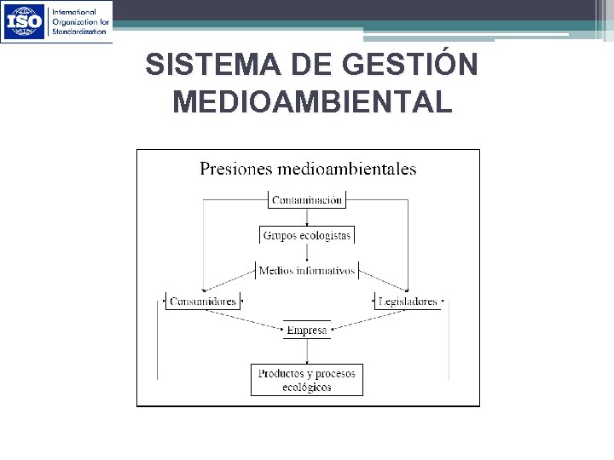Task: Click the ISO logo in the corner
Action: click(24, 21)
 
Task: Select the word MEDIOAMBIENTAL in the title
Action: click(311, 102)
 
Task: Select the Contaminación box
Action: click(306, 200)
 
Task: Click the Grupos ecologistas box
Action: click(306, 235)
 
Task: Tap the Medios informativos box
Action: click(306, 271)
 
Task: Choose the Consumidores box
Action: click(202, 302)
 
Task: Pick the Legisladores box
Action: click(408, 302)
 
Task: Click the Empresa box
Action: click(306, 330)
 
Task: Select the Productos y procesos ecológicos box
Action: click(306, 380)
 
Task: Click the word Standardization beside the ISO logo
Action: click(79, 31)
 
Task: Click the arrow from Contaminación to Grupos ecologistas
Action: click(306, 216)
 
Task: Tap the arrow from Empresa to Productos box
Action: click(306, 351)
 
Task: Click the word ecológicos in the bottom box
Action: click(306, 388)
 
